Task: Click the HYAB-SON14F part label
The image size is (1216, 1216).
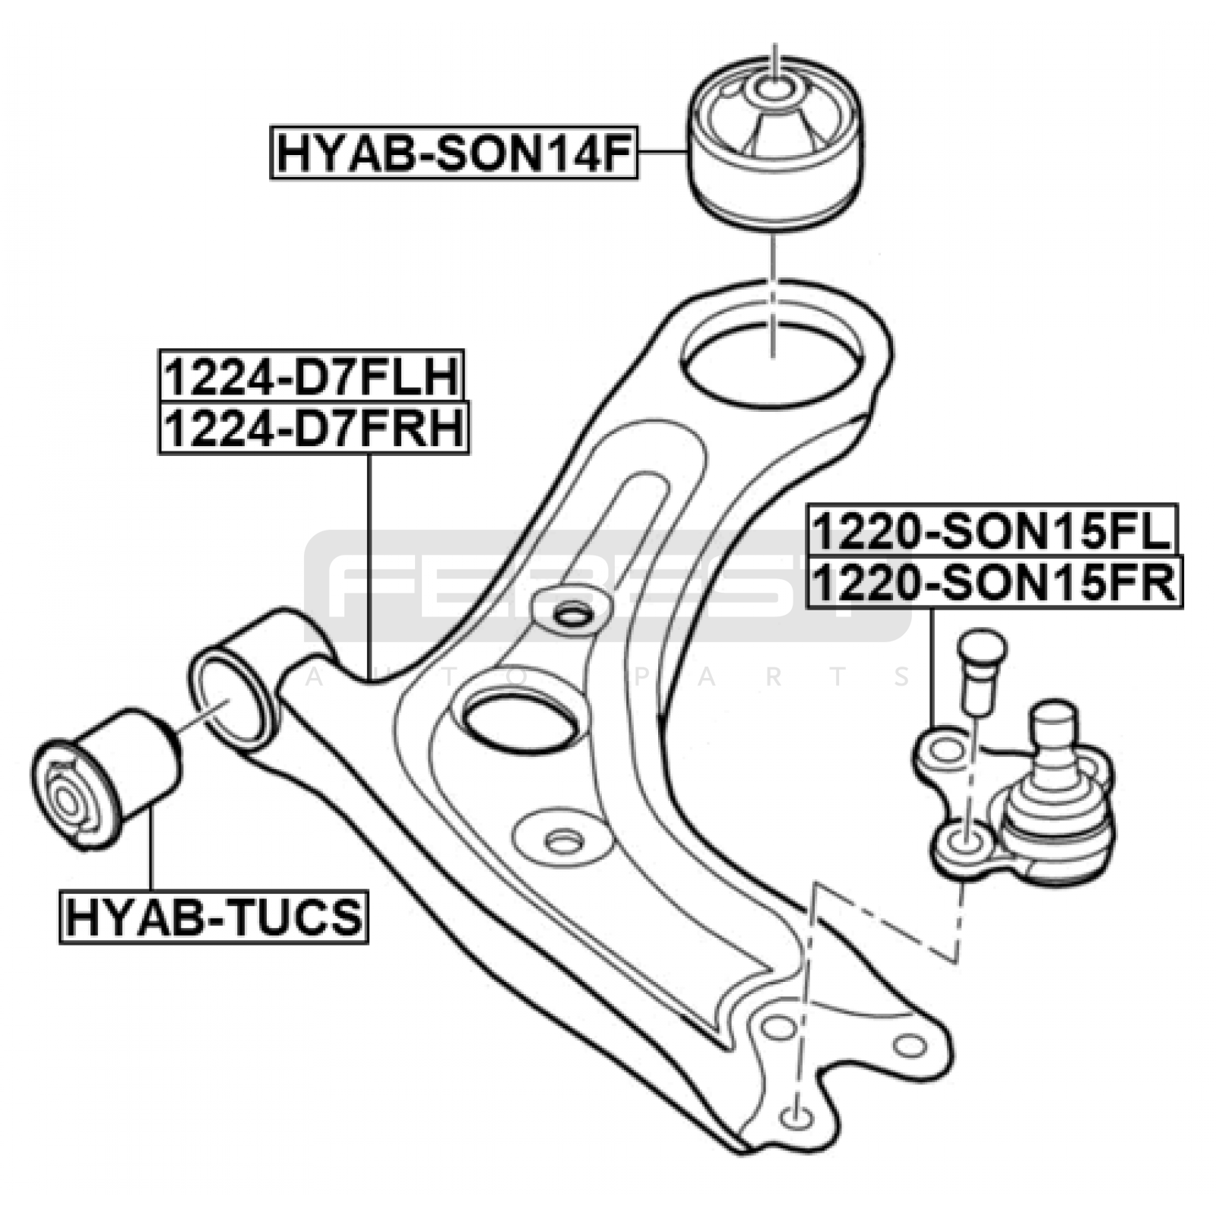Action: point(454,154)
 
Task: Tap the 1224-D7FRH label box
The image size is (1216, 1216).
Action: point(313,429)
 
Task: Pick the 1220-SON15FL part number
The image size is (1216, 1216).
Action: point(993,530)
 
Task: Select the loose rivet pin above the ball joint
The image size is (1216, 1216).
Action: point(981,669)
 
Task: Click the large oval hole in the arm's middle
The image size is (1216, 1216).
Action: point(521,718)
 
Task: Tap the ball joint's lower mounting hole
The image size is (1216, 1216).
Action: point(967,841)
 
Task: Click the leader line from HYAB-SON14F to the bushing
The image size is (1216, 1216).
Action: point(663,153)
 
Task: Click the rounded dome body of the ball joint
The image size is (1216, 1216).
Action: point(1057,825)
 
